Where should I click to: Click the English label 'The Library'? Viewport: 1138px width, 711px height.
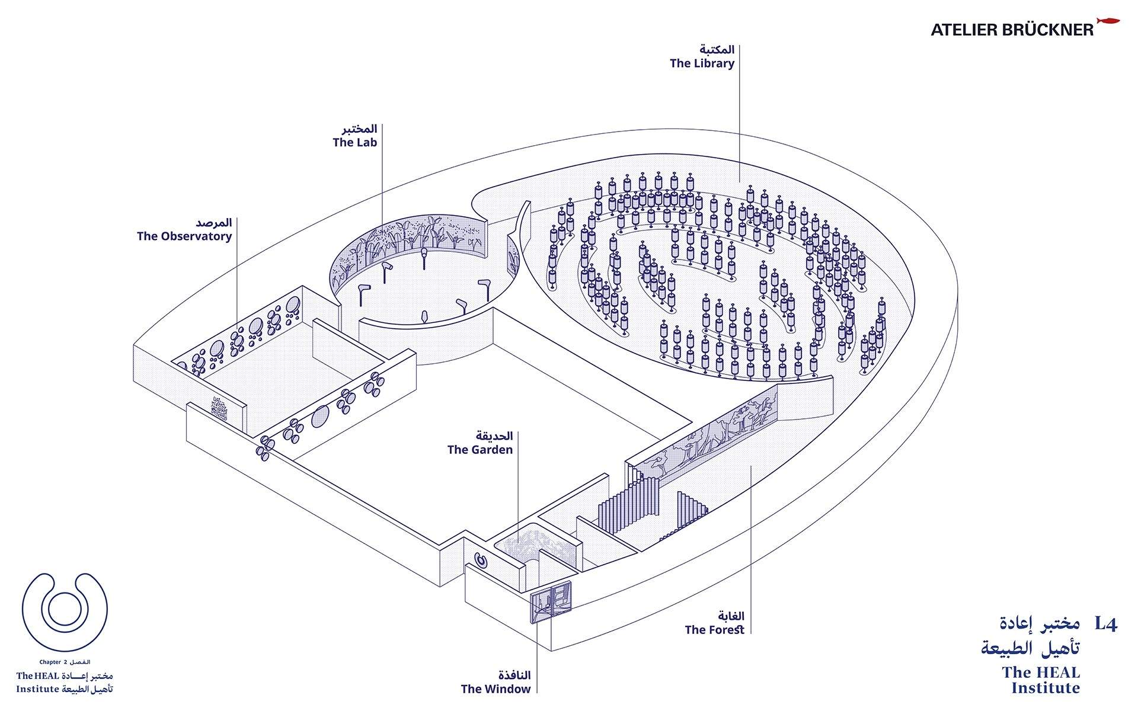[702, 63]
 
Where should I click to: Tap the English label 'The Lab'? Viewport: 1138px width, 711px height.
[354, 142]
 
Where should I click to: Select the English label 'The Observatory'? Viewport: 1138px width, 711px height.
[184, 236]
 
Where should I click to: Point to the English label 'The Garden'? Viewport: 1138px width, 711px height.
[480, 450]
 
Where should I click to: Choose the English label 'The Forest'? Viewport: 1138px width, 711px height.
[714, 630]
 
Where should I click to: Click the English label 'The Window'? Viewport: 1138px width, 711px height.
[496, 689]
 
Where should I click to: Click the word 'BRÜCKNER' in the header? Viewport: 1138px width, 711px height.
[1049, 30]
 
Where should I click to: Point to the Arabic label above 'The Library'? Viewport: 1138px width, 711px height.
[717, 49]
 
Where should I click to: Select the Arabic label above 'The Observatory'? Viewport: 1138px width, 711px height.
[214, 223]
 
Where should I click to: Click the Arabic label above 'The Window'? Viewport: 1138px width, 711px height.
[514, 675]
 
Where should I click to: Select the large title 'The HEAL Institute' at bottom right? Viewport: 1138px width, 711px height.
[1041, 680]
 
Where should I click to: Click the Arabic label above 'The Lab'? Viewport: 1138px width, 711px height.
[359, 129]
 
